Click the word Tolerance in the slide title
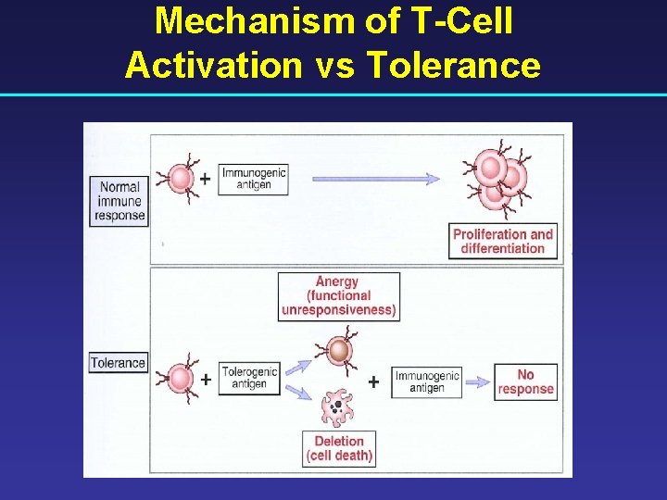coord(453,65)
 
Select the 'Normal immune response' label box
coord(120,201)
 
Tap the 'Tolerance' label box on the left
coord(118,363)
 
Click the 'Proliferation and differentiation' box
coord(503,241)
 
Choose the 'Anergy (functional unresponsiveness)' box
coord(339,295)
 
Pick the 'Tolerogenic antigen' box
coord(249,379)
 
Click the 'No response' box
coord(525,381)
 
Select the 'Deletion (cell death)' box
coord(339,448)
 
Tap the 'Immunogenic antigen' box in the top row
coord(253,179)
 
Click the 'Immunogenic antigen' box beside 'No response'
coord(426,381)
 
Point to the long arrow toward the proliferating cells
coord(376,179)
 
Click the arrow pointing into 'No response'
coord(476,381)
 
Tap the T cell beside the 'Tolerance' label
coord(180,378)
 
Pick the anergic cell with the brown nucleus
coord(340,351)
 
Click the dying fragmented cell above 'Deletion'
coord(336,406)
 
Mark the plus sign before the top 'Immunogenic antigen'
coord(205,177)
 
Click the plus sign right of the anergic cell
coord(373,381)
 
